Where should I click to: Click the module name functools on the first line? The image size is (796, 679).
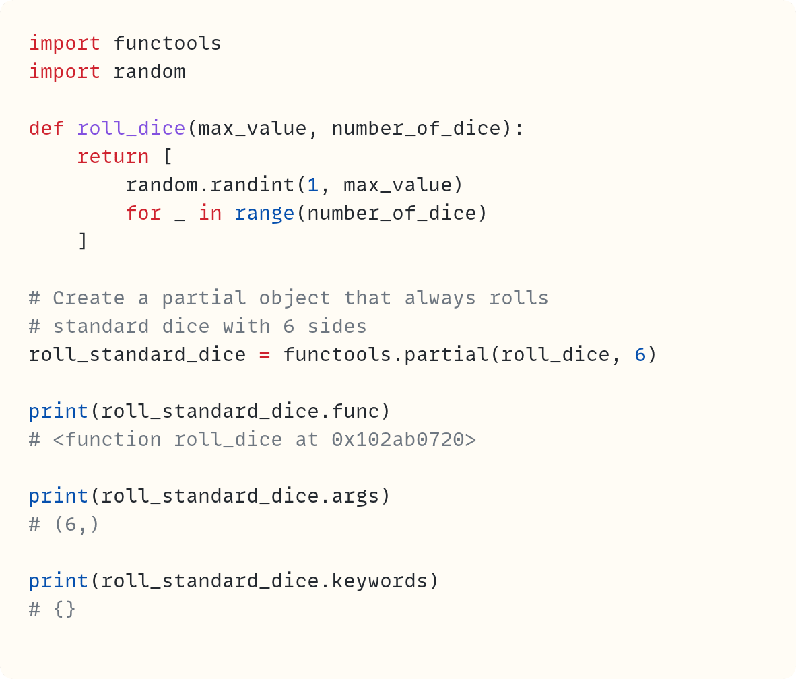click(x=167, y=44)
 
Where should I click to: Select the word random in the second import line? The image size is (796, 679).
click(x=149, y=72)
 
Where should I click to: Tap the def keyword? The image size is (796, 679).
click(x=46, y=128)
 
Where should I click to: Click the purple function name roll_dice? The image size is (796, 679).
click(x=131, y=128)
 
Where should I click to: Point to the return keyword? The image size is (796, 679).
click(x=112, y=156)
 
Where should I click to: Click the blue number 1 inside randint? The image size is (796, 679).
click(x=312, y=185)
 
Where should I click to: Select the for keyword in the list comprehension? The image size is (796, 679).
click(x=143, y=213)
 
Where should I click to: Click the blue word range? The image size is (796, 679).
click(x=264, y=213)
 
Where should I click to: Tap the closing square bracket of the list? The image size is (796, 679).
click(x=82, y=240)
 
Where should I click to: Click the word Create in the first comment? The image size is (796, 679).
click(x=88, y=298)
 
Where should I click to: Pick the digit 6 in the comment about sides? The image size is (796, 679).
click(x=288, y=326)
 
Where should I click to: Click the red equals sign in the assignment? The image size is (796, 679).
click(x=264, y=354)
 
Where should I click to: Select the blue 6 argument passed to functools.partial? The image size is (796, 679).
click(x=640, y=354)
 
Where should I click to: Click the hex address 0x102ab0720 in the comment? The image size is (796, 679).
click(x=397, y=439)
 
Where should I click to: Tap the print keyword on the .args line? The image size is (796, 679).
click(x=59, y=496)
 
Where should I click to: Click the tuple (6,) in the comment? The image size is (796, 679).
click(x=76, y=524)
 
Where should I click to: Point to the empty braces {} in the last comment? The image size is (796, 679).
click(x=64, y=609)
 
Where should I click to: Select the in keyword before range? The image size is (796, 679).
click(x=209, y=213)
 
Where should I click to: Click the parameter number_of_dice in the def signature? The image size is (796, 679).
click(x=416, y=128)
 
